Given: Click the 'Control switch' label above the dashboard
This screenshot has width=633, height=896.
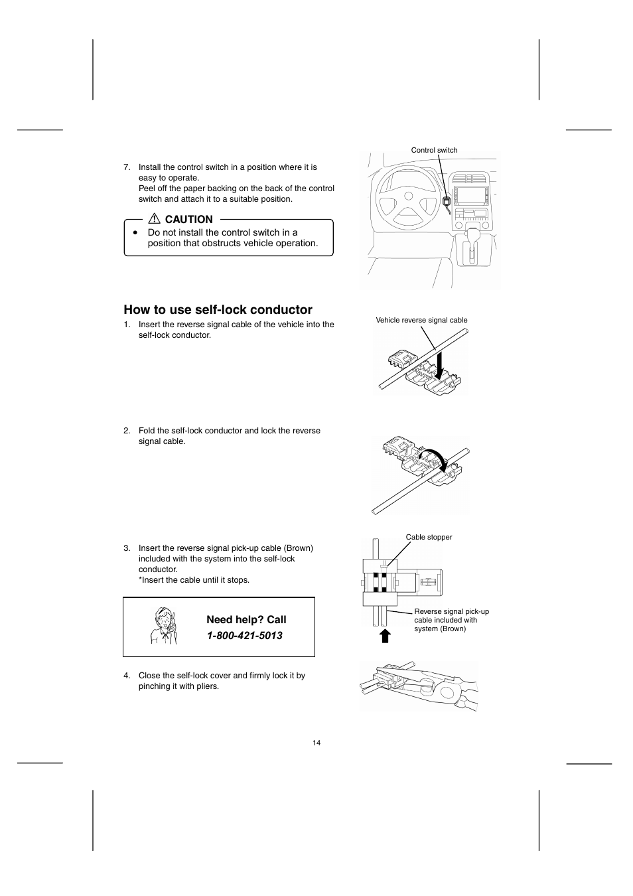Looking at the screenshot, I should click(x=434, y=150).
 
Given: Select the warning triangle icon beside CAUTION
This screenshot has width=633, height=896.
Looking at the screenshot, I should click(x=155, y=219).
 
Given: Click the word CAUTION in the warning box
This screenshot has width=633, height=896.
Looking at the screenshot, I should click(x=188, y=220).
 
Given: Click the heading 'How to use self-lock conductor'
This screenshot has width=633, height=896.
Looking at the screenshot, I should click(x=218, y=310).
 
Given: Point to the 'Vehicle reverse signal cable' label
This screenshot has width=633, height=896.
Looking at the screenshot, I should click(x=421, y=320).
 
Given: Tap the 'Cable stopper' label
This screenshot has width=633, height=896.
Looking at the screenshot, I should click(x=429, y=537).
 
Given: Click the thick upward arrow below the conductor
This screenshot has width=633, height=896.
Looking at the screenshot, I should click(x=385, y=636).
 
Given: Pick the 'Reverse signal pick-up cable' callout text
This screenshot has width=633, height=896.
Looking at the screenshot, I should click(x=451, y=620).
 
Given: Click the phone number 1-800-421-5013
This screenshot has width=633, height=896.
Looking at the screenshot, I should click(x=244, y=636).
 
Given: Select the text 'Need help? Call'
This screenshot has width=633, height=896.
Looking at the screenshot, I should click(x=246, y=620).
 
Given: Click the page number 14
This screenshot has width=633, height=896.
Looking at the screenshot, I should click(x=316, y=743).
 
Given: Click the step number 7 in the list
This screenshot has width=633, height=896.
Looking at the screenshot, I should click(x=127, y=167).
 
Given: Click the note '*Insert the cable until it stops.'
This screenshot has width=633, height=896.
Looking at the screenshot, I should click(x=194, y=580).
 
